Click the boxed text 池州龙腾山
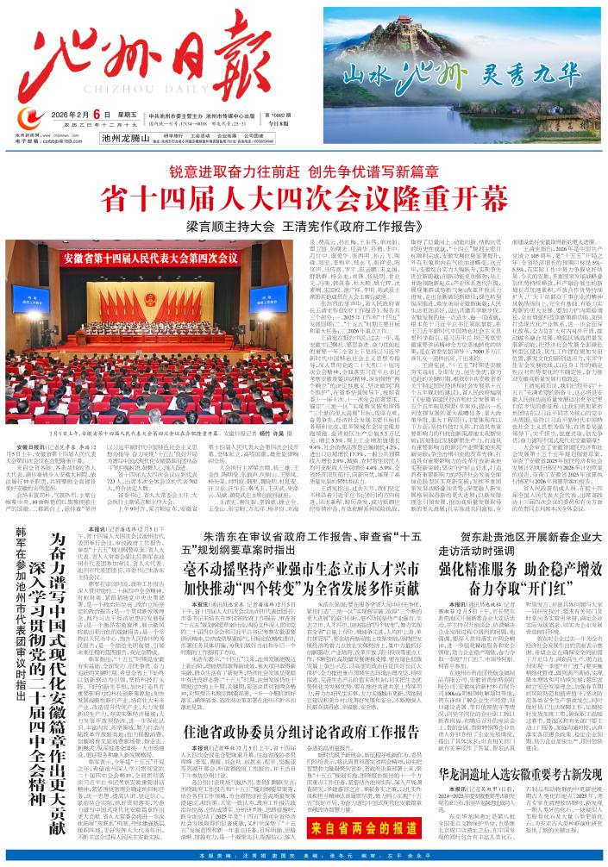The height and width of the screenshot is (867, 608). (x=126, y=137)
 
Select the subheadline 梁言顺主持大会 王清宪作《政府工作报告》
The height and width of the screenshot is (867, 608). (x=305, y=228)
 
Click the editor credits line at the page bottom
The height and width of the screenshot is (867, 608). (x=304, y=856)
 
